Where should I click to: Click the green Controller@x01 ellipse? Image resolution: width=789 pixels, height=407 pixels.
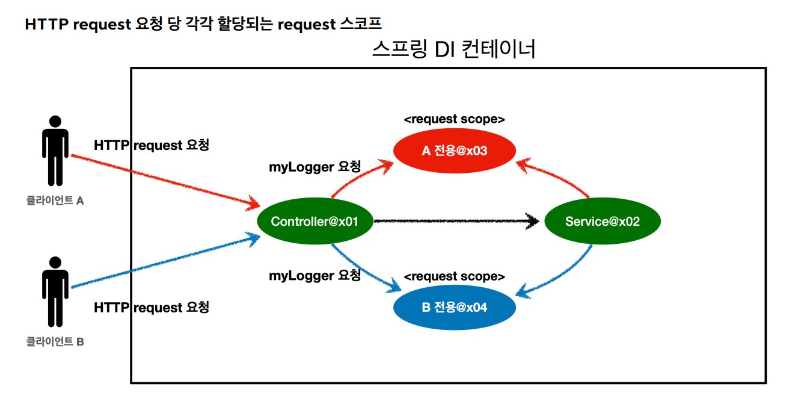[315, 221]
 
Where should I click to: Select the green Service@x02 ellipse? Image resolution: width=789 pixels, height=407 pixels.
[603, 221]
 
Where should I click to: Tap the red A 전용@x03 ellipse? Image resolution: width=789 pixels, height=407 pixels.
[455, 151]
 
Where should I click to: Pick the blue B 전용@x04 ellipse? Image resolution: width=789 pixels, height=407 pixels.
[455, 307]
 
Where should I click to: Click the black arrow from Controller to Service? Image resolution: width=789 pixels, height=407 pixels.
[456, 221]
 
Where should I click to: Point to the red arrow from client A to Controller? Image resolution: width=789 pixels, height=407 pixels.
[165, 182]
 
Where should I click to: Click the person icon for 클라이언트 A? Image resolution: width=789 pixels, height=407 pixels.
[55, 151]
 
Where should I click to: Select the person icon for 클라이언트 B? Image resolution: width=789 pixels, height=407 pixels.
[55, 291]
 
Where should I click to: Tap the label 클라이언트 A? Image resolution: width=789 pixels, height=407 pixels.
[55, 200]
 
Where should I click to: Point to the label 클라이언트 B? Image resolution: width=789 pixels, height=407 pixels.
[55, 342]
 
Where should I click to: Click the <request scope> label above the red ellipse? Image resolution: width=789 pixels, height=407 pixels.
[455, 119]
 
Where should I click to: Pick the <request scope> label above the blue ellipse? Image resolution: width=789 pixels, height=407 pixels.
[455, 276]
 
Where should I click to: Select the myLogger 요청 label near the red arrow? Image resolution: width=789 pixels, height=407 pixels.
[315, 167]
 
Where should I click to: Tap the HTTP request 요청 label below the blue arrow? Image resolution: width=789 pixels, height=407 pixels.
[152, 308]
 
